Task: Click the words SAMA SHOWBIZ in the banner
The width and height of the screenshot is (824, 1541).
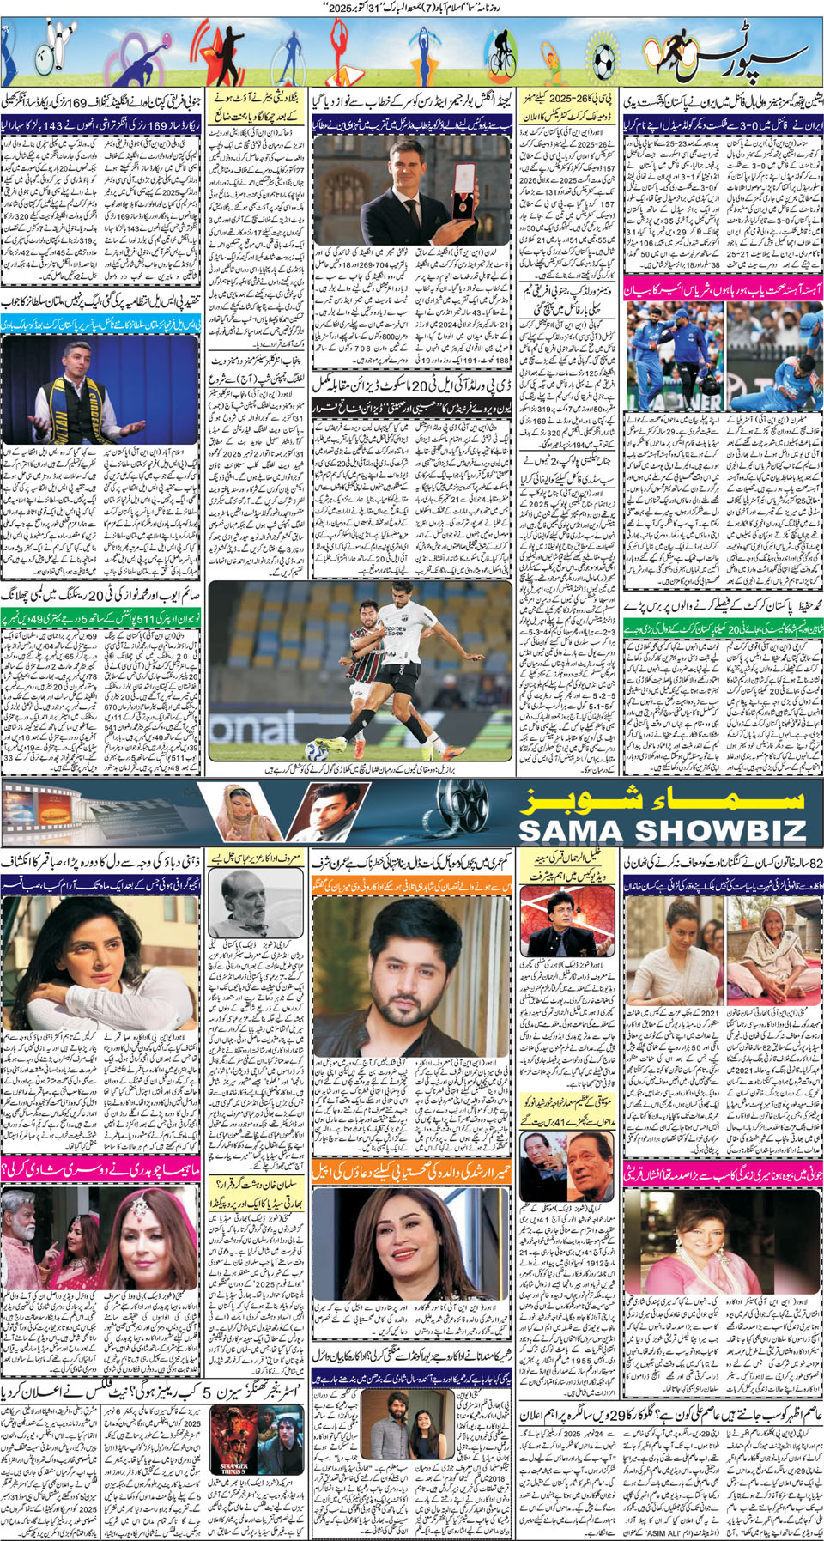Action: point(662,830)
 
